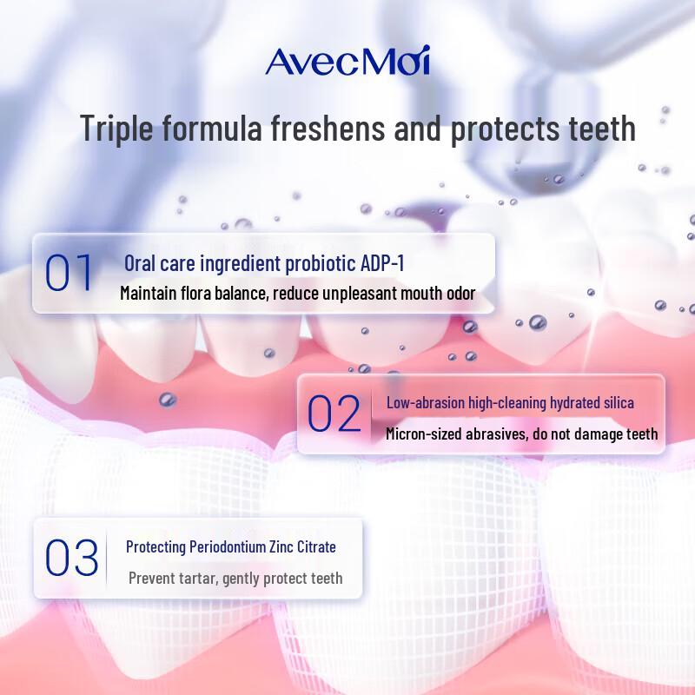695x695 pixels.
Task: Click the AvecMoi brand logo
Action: (347, 62)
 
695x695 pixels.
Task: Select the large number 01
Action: (69, 273)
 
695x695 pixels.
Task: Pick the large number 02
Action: (334, 415)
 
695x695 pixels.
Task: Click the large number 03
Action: (71, 559)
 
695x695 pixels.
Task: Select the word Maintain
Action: (149, 294)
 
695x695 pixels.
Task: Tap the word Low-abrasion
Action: (424, 403)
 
